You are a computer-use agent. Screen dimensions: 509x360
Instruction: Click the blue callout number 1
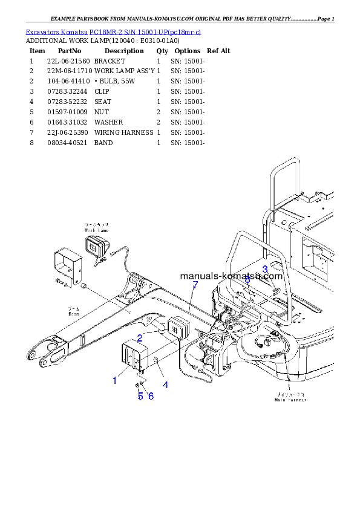[114, 380]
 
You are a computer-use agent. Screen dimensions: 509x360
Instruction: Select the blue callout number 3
[264, 269]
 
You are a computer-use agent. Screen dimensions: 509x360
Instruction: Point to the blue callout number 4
[165, 384]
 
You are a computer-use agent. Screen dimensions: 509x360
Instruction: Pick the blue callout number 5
[140, 396]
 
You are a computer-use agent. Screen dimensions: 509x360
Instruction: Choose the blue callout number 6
[151, 396]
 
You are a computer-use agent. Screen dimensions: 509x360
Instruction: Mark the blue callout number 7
[195, 285]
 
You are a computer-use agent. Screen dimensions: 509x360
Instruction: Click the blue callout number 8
[247, 279]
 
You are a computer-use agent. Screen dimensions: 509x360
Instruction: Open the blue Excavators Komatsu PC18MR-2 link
[113, 31]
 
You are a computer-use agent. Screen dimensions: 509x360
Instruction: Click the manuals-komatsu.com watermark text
[231, 276]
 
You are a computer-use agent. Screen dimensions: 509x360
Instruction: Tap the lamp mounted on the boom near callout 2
[177, 328]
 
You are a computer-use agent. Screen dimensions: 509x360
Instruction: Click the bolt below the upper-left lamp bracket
[59, 283]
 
